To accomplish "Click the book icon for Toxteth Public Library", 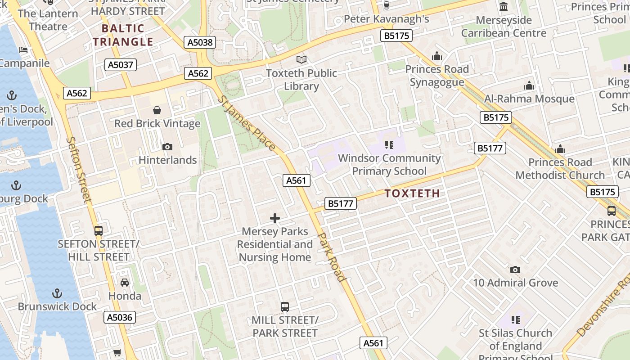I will [x=301, y=59].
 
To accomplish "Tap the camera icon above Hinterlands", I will [x=167, y=147].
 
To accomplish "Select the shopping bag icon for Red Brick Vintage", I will [x=157, y=110].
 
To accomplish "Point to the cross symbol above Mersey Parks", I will [x=275, y=219].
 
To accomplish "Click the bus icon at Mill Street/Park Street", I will [x=285, y=307].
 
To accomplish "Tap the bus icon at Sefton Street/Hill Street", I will [x=99, y=231].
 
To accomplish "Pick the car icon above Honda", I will [x=125, y=283].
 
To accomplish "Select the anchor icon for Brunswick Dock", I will [x=57, y=293].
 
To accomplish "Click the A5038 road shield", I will [x=200, y=43].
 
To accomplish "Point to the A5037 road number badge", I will [x=121, y=65].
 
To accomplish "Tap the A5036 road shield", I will [x=120, y=317].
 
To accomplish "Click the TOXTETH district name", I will [x=412, y=193].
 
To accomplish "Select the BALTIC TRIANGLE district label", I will [x=123, y=35].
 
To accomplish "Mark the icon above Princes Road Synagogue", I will [x=436, y=56].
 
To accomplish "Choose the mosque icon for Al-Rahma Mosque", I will [x=529, y=85].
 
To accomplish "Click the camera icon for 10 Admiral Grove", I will [x=515, y=270].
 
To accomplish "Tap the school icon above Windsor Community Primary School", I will [x=389, y=145].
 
